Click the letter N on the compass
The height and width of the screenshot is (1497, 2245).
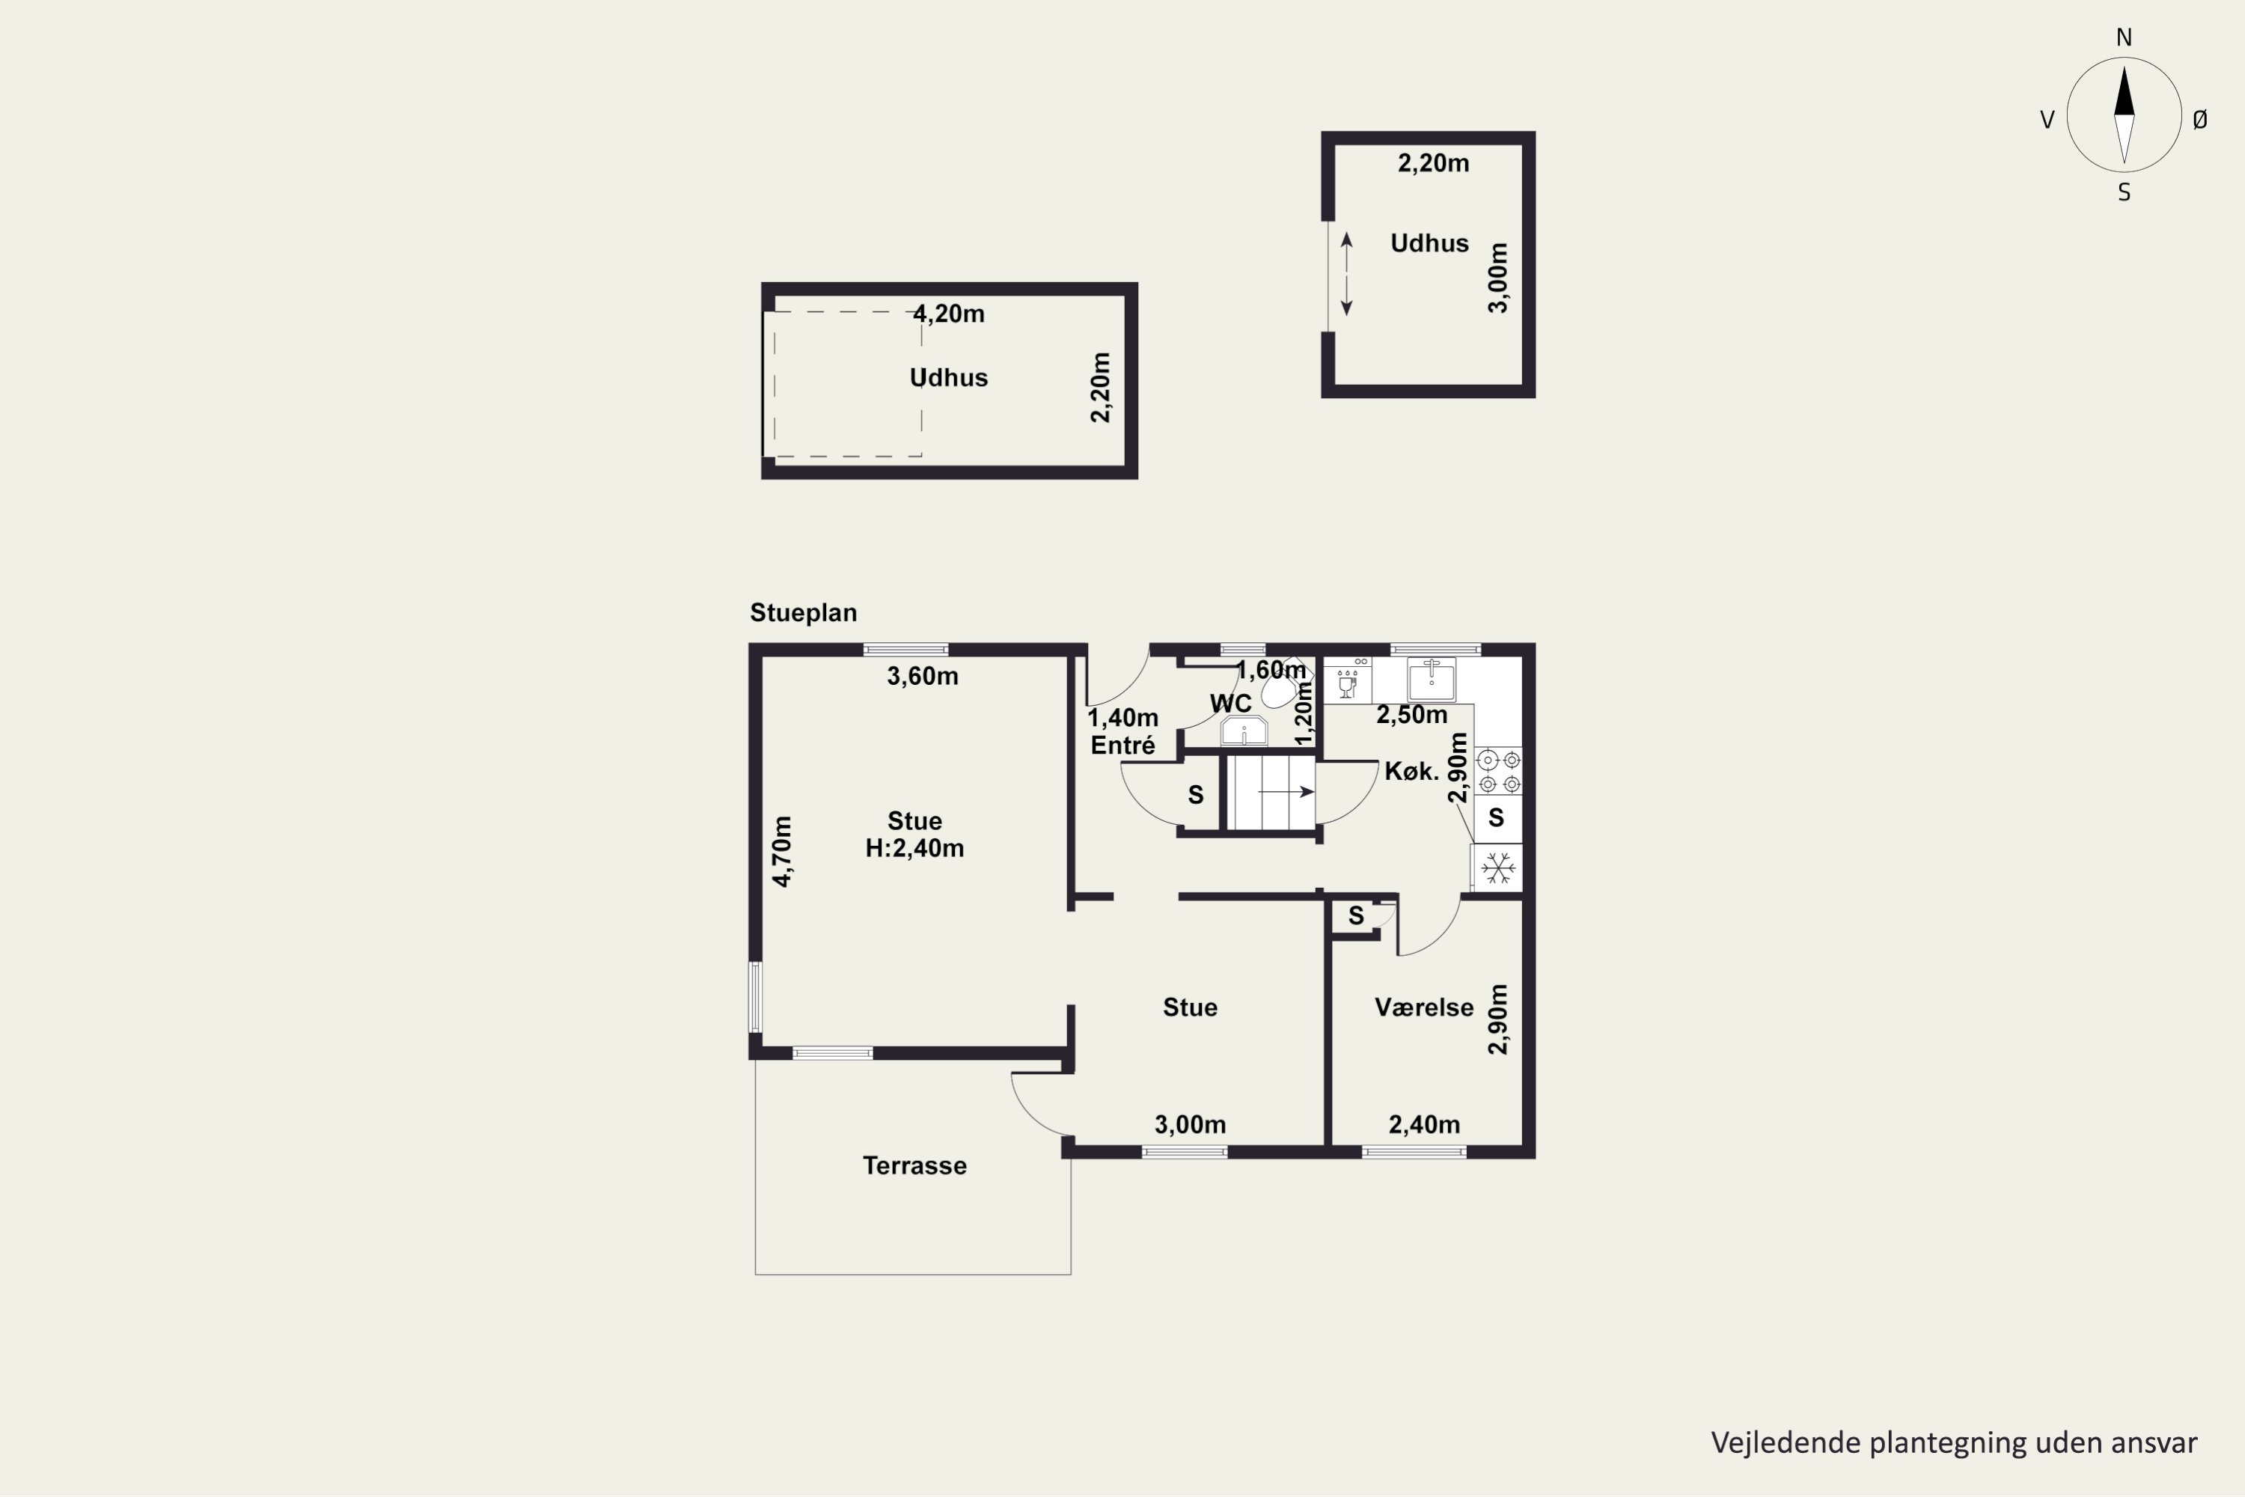pos(2124,37)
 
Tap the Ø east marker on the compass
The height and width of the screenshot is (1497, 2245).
pos(2200,119)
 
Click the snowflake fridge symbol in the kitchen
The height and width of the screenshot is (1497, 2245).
pos(1497,868)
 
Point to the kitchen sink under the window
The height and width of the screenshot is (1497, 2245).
pos(1432,680)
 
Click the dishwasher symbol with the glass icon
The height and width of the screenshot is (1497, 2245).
pos(1348,680)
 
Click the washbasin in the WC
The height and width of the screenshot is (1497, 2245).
pos(1244,731)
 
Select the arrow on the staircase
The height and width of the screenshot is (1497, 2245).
pos(1286,791)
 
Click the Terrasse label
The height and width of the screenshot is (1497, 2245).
pos(914,1165)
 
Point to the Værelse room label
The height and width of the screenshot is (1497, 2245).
pos(1424,1007)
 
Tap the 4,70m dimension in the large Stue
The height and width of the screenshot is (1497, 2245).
pos(782,852)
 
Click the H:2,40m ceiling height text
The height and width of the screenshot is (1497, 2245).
pos(914,848)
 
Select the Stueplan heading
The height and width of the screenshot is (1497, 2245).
pos(804,613)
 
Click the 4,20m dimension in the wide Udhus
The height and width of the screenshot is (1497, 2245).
pos(949,314)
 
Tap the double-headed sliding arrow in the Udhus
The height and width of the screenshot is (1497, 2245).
pos(1347,274)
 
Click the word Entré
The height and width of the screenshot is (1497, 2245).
pos(1122,745)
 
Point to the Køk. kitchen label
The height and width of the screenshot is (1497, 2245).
pos(1411,772)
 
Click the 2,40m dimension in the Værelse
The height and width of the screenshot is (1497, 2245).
pos(1424,1126)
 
